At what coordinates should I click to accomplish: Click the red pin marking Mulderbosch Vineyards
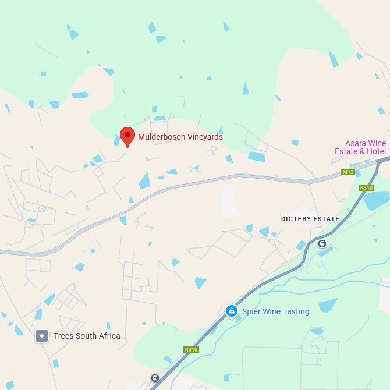[127, 136]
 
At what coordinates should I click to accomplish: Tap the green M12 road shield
[348, 172]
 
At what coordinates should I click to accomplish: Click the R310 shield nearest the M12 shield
[366, 187]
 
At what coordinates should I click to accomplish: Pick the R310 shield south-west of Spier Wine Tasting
[191, 349]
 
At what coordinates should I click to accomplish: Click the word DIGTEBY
[299, 219]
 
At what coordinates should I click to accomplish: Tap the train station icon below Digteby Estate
[322, 243]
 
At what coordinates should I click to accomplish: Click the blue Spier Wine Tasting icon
[232, 311]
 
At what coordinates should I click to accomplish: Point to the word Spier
[252, 311]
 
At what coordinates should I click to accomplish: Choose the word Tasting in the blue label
[295, 311]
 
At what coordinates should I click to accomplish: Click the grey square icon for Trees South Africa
[42, 336]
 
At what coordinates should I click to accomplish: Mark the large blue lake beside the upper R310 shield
[377, 200]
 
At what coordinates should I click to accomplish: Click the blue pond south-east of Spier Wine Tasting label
[328, 305]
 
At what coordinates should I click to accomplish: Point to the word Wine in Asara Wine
[377, 143]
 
